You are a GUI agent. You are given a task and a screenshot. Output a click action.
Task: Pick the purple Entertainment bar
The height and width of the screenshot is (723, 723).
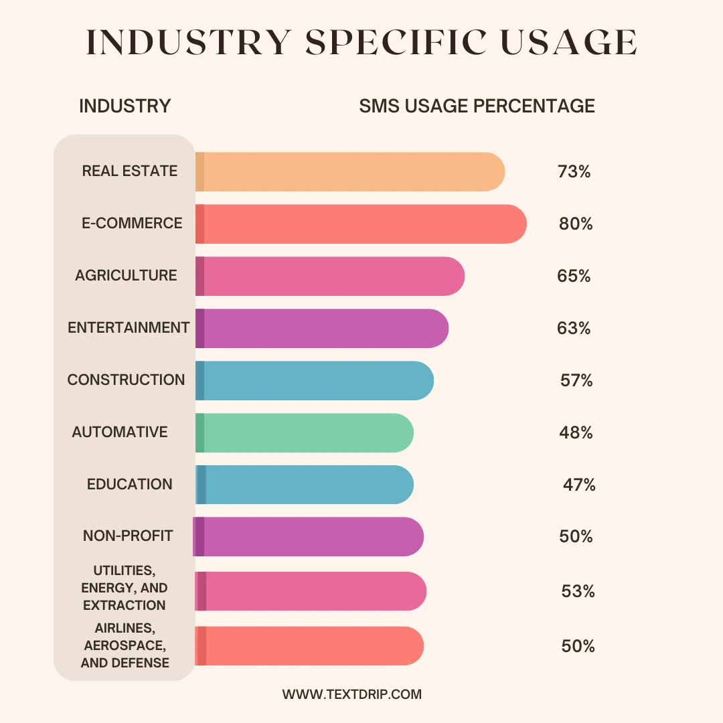[x=321, y=328]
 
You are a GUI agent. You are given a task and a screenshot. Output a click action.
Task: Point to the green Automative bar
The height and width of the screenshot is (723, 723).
[x=304, y=432]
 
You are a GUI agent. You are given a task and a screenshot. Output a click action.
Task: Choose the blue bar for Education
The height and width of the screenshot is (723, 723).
[x=304, y=485]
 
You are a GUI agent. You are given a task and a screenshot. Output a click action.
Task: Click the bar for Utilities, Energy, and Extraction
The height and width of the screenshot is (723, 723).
[x=311, y=591]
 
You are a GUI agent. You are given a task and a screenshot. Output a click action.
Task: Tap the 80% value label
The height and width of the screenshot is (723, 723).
[x=576, y=224]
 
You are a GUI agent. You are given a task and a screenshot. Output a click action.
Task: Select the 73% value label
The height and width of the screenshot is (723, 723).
[x=574, y=171]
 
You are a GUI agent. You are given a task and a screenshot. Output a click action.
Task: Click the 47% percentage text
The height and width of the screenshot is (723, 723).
[x=579, y=485]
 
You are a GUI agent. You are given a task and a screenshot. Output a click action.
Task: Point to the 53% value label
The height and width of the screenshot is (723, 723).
[x=578, y=591]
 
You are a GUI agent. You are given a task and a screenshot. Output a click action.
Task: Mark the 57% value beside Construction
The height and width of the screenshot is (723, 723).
[x=576, y=380]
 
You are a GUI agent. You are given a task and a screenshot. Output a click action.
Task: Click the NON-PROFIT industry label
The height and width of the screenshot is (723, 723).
[x=128, y=536]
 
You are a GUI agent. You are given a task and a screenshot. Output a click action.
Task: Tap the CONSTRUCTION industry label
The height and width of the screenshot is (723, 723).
[x=126, y=380]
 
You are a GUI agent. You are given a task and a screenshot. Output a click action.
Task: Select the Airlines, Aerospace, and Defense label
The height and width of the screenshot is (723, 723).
[x=125, y=645]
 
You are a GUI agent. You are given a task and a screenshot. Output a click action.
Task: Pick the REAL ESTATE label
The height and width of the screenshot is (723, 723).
[x=130, y=171]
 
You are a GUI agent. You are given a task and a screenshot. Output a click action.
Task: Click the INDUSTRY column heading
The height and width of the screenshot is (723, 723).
[x=125, y=106]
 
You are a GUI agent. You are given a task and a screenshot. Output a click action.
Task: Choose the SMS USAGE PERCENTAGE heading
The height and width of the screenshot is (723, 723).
[x=477, y=106]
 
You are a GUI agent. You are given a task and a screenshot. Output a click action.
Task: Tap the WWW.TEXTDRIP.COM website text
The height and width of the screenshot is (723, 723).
[x=352, y=694]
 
